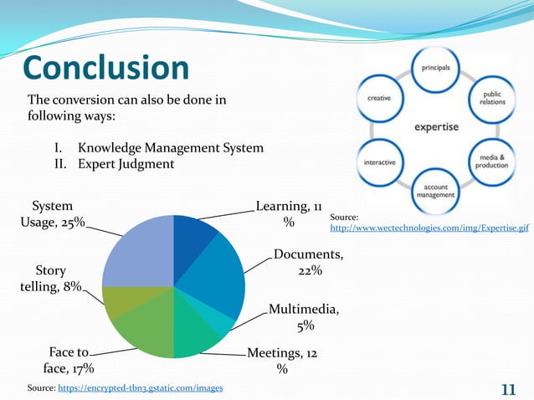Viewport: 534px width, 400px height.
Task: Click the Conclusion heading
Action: pyautogui.click(x=105, y=69)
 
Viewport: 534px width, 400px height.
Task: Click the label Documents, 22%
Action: pyautogui.click(x=307, y=263)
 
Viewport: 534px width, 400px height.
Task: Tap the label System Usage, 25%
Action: pyautogui.click(x=51, y=214)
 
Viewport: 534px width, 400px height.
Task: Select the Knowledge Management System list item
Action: pyautogui.click(x=170, y=148)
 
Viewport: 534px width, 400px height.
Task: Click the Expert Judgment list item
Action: pyautogui.click(x=126, y=164)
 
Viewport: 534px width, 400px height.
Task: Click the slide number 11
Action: pyautogui.click(x=507, y=389)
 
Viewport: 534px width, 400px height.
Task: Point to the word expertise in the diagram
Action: pyautogui.click(x=434, y=127)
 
